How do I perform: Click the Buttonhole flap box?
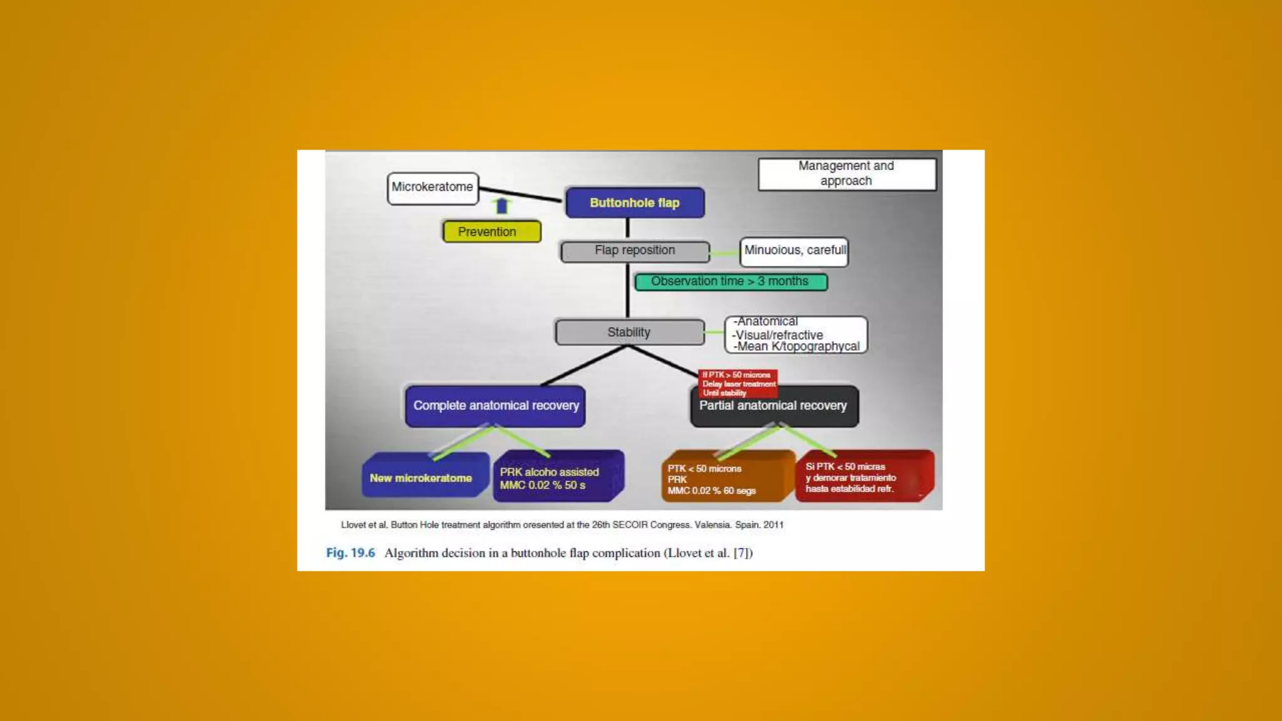[635, 203]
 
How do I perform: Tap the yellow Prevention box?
[491, 232]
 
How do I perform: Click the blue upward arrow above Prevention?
[501, 205]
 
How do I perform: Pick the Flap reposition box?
[635, 251]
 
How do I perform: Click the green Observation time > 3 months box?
[731, 282]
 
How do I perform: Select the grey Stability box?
[629, 332]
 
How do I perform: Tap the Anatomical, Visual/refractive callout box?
[796, 335]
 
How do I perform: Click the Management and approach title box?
[846, 174]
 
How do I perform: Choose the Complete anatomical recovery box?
[495, 406]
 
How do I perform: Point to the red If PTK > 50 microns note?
[738, 383]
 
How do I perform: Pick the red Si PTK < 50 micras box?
[863, 477]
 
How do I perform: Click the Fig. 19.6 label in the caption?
[351, 553]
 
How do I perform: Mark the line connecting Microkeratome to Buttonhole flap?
[520, 195]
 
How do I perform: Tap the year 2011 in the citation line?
[773, 525]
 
